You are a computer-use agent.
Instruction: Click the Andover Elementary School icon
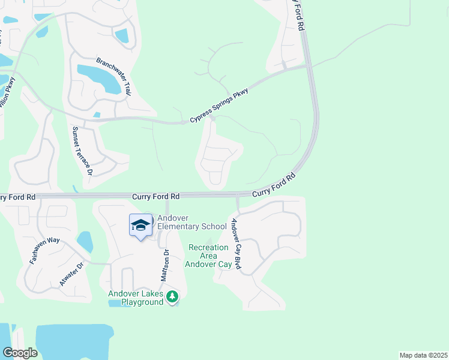140,226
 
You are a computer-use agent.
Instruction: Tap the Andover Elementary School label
191,222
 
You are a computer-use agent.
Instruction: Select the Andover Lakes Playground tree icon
172,296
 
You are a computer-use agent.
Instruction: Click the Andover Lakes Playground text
136,298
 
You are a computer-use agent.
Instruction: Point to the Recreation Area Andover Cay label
208,256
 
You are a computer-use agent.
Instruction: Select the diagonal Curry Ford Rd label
274,185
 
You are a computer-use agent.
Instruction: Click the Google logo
20,353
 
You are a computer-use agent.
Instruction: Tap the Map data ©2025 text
423,355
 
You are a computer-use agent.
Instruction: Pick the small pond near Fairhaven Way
85,241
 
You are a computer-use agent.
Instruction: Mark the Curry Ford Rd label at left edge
18,197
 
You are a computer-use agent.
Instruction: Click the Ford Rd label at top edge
298,13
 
